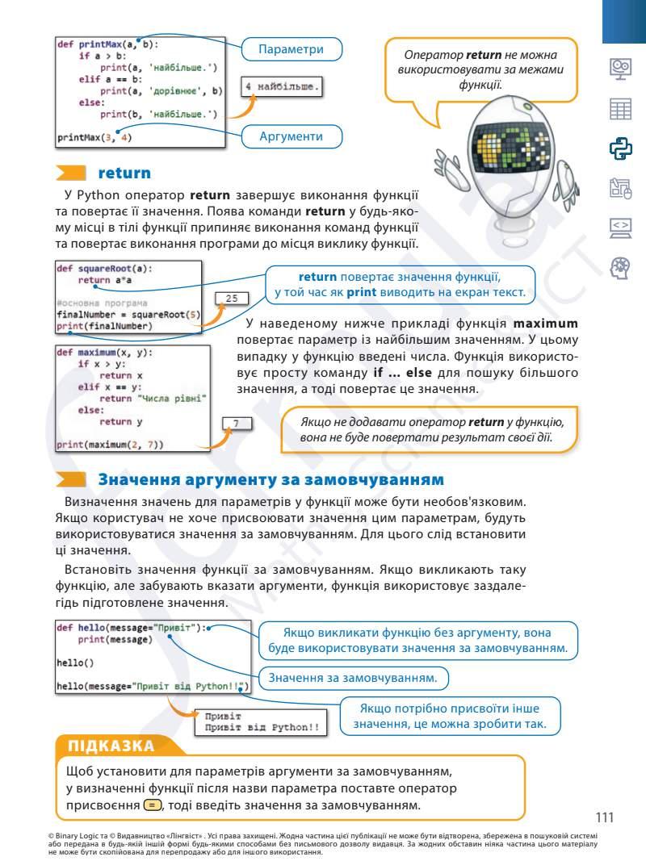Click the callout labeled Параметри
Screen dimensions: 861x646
click(291, 49)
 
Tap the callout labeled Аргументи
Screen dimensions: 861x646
click(291, 137)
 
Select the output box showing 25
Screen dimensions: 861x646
click(231, 299)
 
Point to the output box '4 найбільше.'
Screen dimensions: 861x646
click(283, 86)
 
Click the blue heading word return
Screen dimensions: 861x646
click(124, 173)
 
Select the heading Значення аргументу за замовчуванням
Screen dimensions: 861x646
click(271, 479)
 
